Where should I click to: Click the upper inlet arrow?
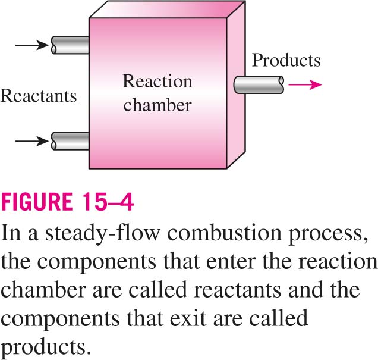pyautogui.click(x=32, y=45)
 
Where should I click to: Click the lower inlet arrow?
pyautogui.click(x=32, y=140)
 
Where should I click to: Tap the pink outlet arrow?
pyautogui.click(x=305, y=84)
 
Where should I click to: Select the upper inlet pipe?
pyautogui.click(x=70, y=45)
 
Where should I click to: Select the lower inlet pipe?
pyautogui.click(x=70, y=141)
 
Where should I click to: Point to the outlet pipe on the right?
pyautogui.click(x=259, y=84)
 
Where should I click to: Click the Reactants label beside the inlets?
pyautogui.click(x=39, y=96)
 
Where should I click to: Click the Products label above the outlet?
pyautogui.click(x=286, y=60)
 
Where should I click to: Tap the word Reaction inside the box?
pyautogui.click(x=157, y=82)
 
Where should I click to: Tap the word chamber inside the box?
pyautogui.click(x=157, y=105)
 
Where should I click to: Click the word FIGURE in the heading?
pyautogui.click(x=37, y=202)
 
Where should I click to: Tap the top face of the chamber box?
pyautogui.click(x=168, y=10)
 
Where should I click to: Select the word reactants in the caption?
pyautogui.click(x=238, y=290)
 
